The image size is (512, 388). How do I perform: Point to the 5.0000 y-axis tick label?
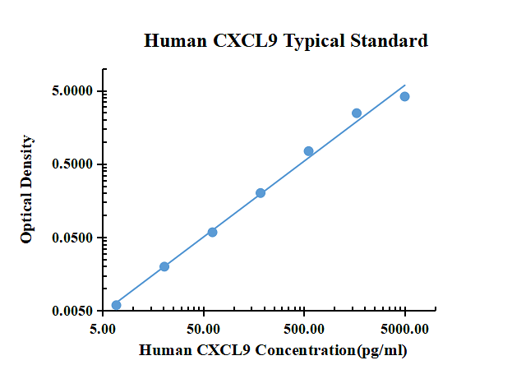tap(70, 91)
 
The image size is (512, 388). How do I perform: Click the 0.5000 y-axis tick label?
tap(70, 164)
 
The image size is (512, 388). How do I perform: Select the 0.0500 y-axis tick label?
tap(70, 238)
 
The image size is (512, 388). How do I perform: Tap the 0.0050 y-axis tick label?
tap(70, 312)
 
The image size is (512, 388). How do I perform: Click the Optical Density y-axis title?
tap(27, 189)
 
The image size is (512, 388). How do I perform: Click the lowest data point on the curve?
tap(116, 305)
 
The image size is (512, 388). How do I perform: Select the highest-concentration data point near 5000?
tap(404, 97)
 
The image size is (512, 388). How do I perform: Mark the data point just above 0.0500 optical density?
tap(212, 233)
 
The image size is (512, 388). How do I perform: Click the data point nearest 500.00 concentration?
tap(308, 151)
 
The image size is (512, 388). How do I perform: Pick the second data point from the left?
tap(164, 266)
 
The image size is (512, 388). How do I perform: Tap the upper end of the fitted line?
tap(405, 85)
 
